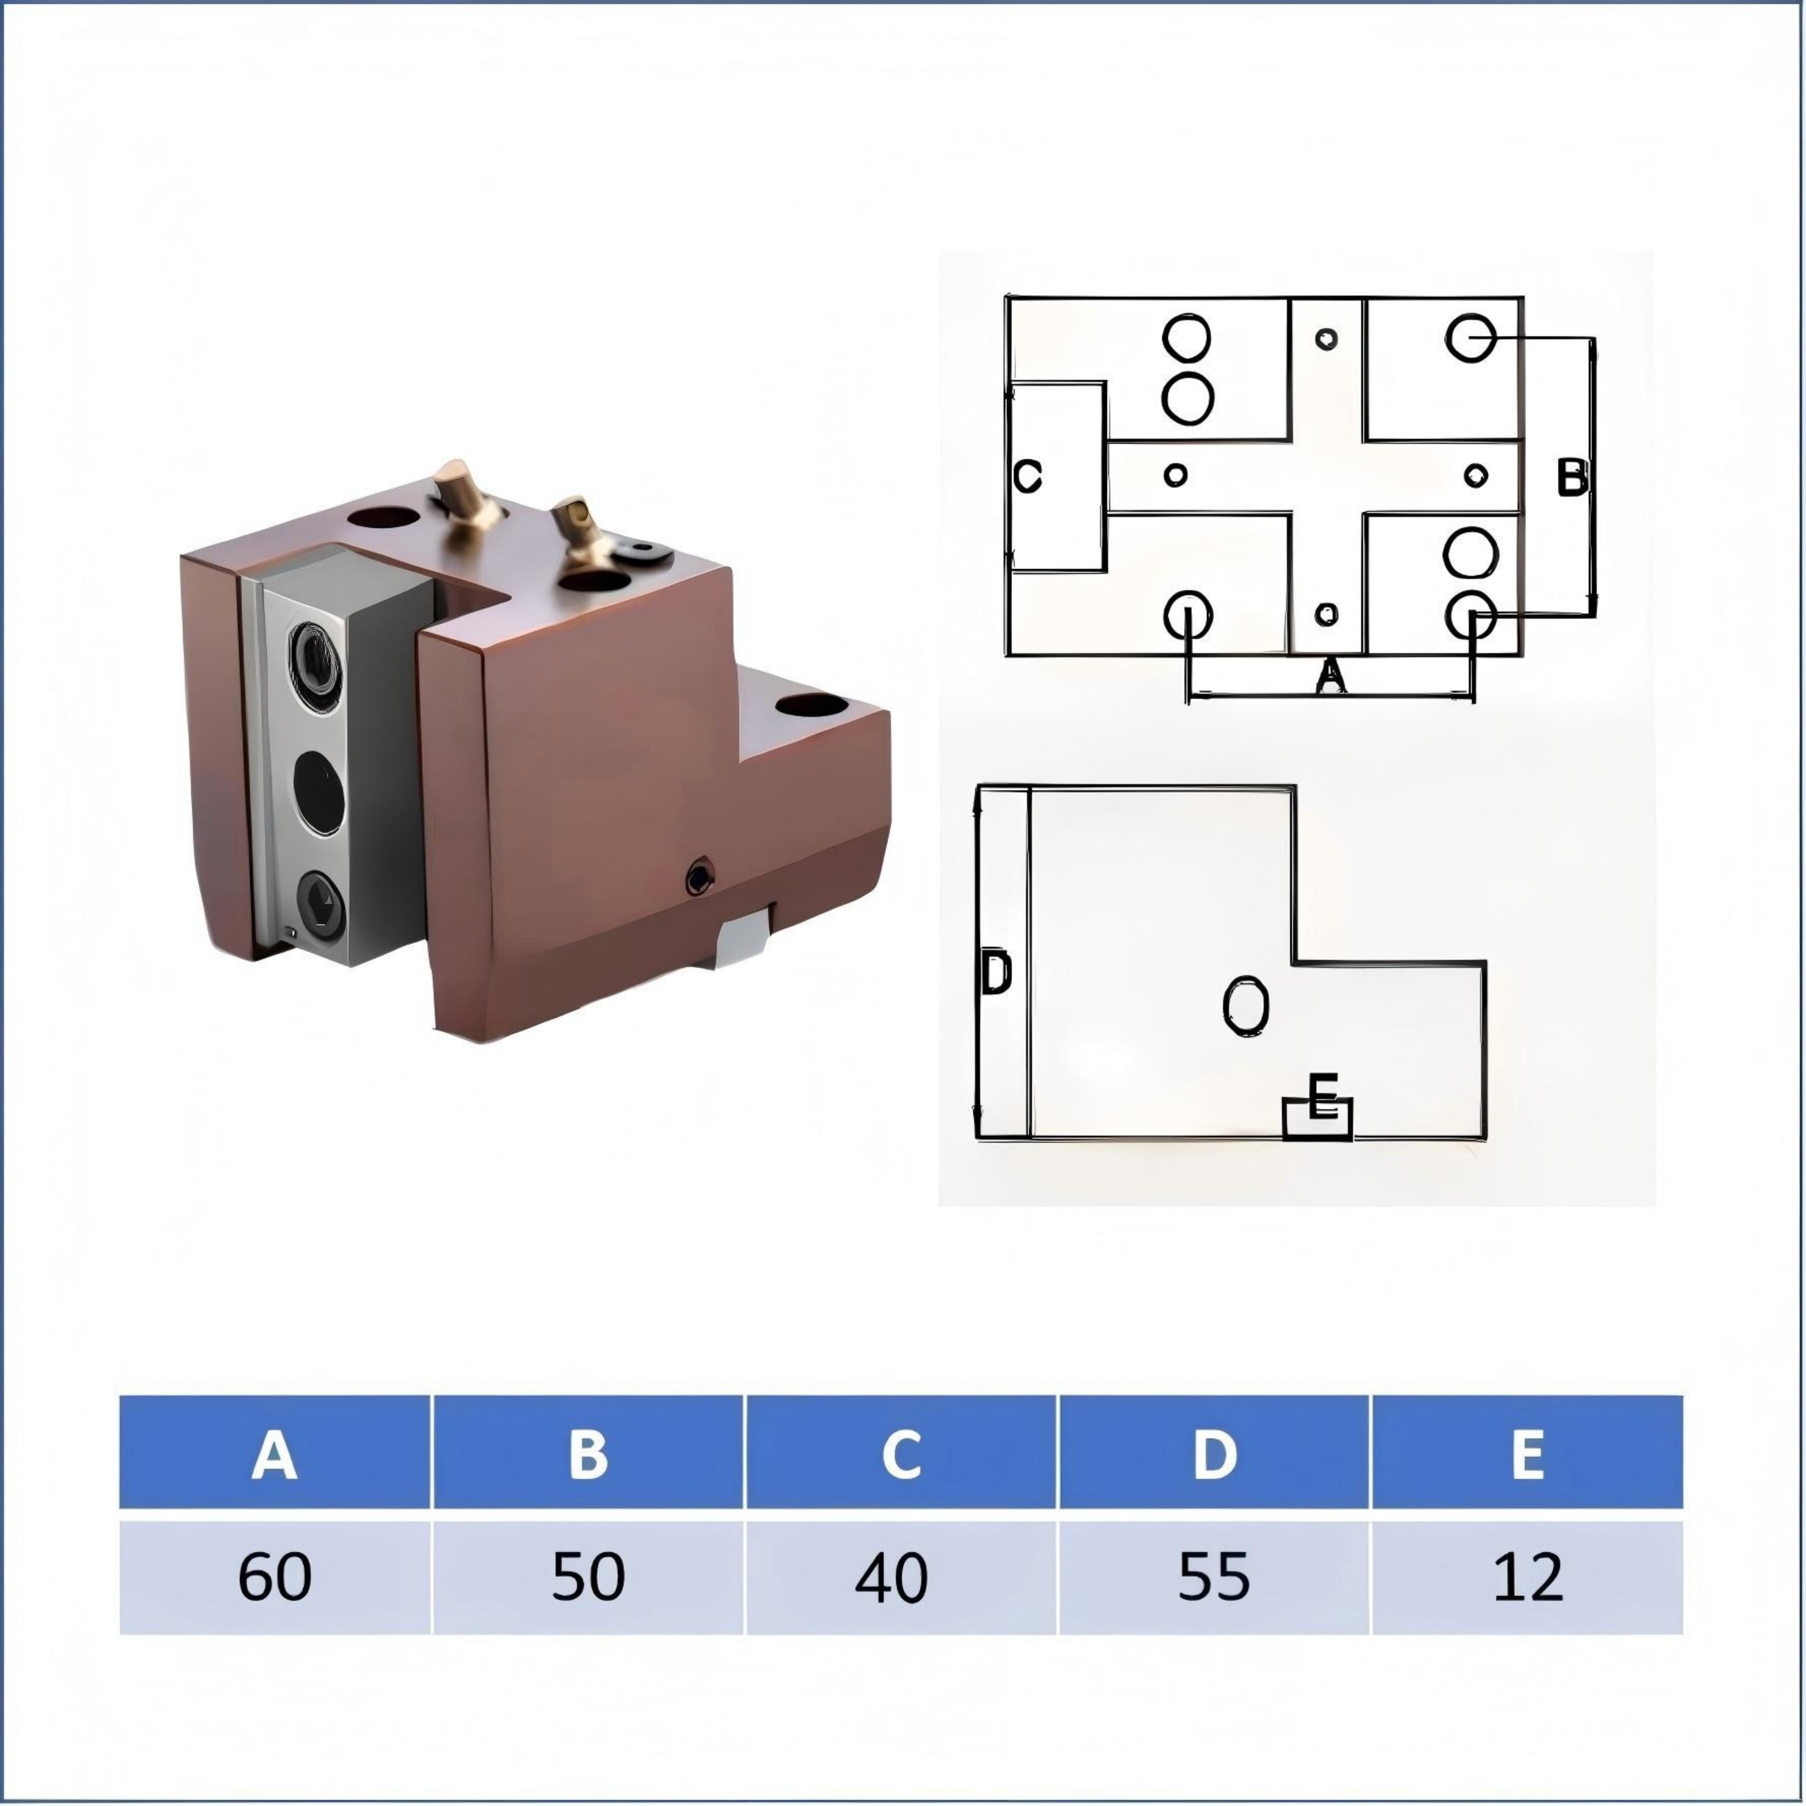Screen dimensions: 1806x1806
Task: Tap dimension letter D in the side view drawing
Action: pos(997,974)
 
